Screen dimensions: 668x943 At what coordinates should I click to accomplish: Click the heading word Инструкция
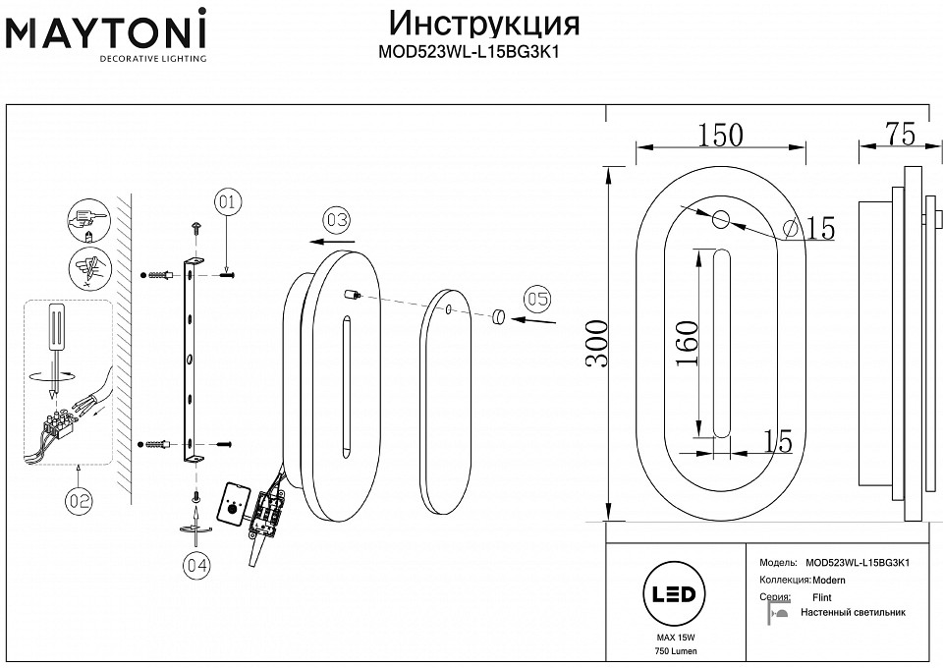pyautogui.click(x=484, y=23)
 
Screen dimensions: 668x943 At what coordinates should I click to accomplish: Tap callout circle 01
pyautogui.click(x=227, y=204)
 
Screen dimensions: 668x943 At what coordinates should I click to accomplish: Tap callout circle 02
pyautogui.click(x=80, y=501)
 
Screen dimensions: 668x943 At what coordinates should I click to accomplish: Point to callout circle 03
pyautogui.click(x=336, y=218)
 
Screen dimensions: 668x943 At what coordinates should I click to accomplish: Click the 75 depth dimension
pyautogui.click(x=893, y=135)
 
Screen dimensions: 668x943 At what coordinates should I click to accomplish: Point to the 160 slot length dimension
pyautogui.click(x=688, y=344)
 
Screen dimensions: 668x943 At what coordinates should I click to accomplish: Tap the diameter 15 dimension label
pyautogui.click(x=811, y=230)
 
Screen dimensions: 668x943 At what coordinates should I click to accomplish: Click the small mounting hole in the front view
pyautogui.click(x=720, y=219)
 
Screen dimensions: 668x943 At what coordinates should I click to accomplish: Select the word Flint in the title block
pyautogui.click(x=822, y=597)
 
